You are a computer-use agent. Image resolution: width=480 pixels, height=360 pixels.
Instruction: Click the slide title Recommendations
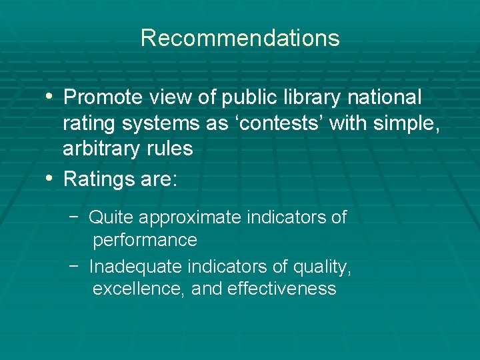[240, 38]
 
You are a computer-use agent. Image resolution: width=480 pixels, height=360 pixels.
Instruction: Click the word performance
[145, 240]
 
